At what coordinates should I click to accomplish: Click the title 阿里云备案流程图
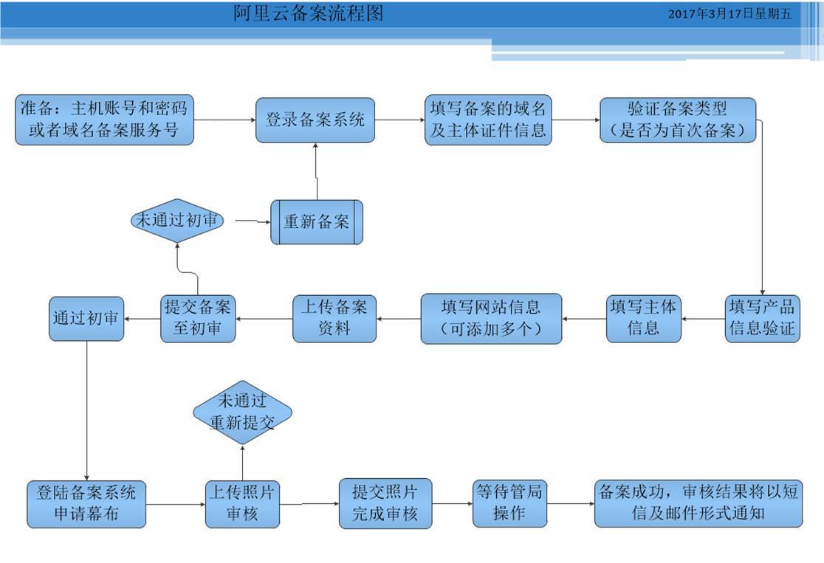click(x=309, y=13)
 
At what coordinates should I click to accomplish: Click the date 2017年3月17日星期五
click(x=729, y=13)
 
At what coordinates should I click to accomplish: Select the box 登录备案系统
click(x=315, y=120)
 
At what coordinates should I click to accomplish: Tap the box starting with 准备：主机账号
click(x=104, y=120)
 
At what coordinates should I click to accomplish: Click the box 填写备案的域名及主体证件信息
click(x=487, y=120)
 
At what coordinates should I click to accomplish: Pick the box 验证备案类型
click(x=678, y=120)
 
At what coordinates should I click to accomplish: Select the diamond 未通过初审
click(x=177, y=221)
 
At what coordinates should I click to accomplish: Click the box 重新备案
click(x=317, y=221)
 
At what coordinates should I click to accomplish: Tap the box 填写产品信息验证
click(x=762, y=318)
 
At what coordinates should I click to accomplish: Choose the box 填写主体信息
click(x=643, y=318)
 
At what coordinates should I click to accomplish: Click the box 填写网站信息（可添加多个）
click(x=491, y=318)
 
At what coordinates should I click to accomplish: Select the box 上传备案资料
click(x=334, y=318)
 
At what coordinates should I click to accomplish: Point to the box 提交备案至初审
click(x=197, y=318)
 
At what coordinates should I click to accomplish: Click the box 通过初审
click(x=86, y=319)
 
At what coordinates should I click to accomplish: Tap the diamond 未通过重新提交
click(x=242, y=412)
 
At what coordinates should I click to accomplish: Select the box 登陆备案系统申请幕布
click(x=86, y=503)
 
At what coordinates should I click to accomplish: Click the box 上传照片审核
click(x=243, y=503)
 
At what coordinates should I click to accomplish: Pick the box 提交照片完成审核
click(x=385, y=503)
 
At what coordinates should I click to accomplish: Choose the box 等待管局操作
click(x=509, y=503)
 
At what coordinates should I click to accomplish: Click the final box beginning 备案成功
click(x=698, y=503)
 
